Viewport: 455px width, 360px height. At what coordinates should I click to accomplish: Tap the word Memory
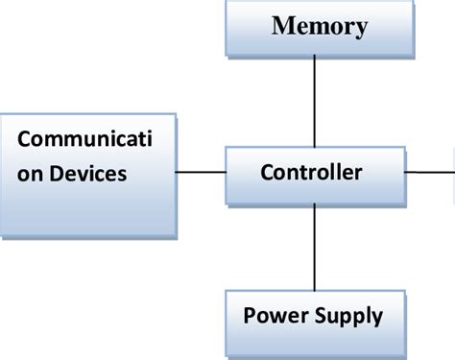click(319, 26)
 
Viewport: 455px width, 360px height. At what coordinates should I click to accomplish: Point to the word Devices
click(94, 174)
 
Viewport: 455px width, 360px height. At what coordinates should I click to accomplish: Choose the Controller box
click(314, 175)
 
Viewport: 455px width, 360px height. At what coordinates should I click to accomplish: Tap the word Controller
click(311, 173)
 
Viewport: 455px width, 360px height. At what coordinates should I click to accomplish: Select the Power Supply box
click(313, 317)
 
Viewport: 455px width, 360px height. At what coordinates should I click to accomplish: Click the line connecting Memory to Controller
click(314, 101)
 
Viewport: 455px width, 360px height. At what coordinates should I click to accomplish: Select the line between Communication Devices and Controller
click(202, 174)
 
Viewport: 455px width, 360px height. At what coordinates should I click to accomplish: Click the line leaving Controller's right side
click(427, 173)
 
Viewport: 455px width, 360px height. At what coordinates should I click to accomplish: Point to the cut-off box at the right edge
click(452, 173)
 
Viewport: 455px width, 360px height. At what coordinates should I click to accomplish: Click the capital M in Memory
click(283, 26)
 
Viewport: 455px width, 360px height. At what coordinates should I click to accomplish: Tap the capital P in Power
click(249, 315)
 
